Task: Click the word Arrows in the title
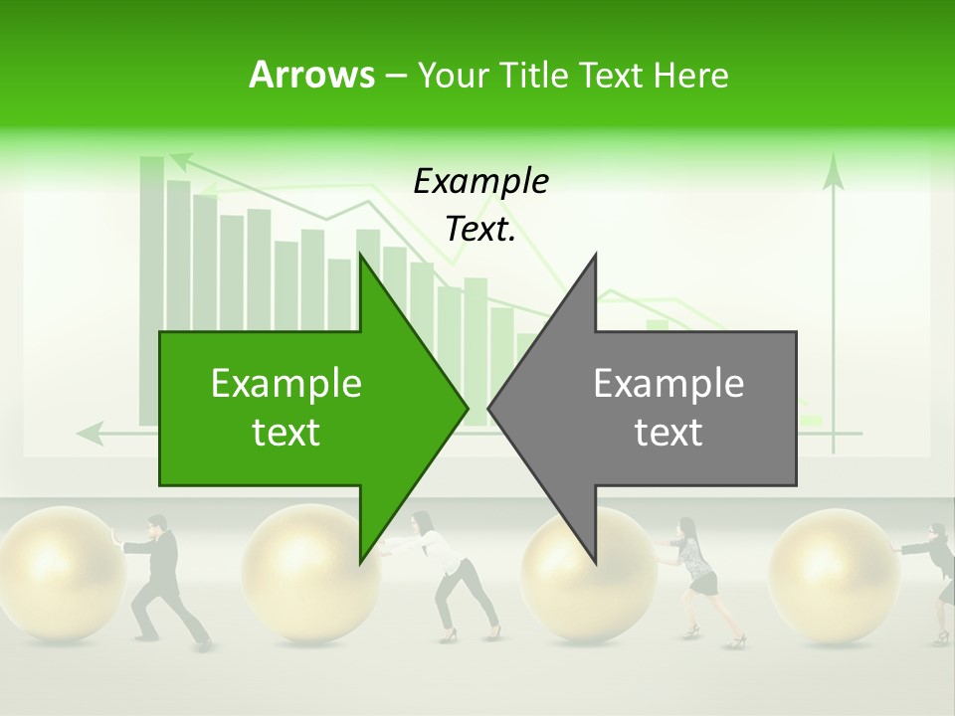[x=310, y=75]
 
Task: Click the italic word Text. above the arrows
[x=480, y=230]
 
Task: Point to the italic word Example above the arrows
[x=480, y=181]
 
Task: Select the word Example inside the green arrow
[x=286, y=384]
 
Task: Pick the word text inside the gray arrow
[x=668, y=433]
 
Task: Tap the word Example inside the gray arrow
[x=668, y=384]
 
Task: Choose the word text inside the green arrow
[x=286, y=433]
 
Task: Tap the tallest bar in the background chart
[x=151, y=288]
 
